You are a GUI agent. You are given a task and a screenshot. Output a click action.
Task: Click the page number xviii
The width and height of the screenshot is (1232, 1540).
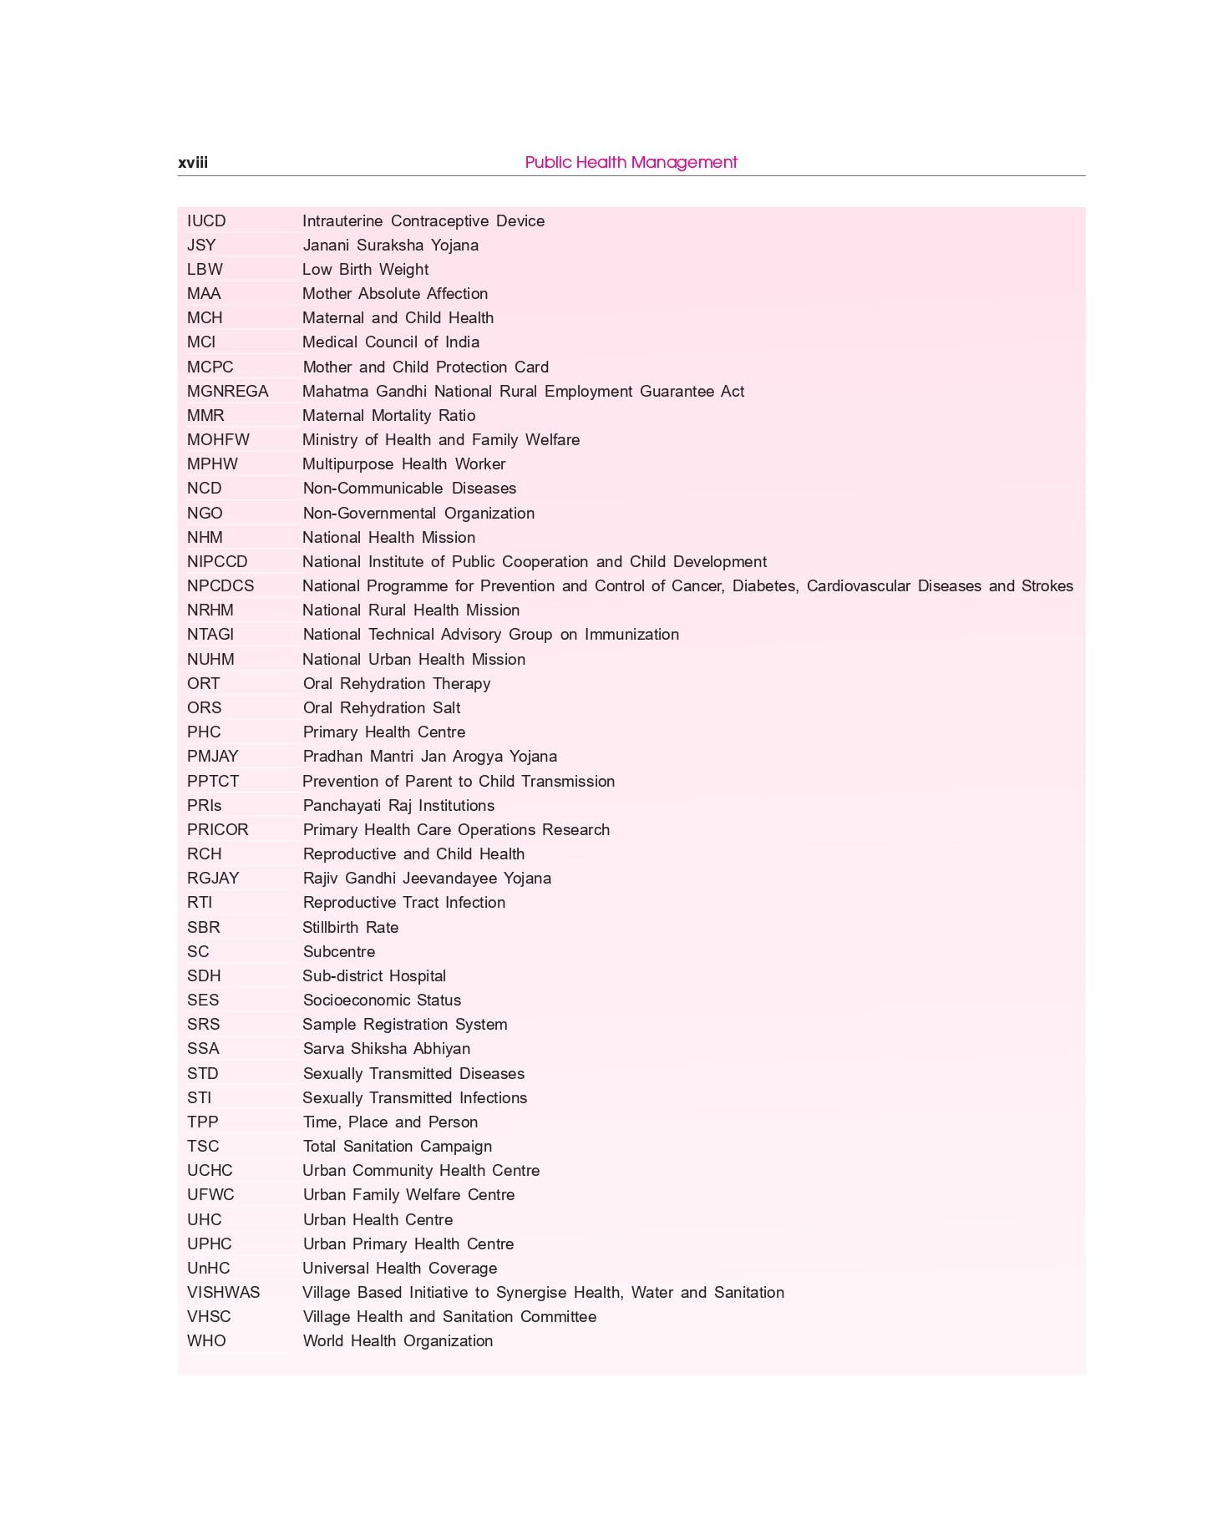[x=193, y=163]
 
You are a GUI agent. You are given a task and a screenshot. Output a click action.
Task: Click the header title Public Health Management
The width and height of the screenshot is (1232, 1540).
[x=631, y=162]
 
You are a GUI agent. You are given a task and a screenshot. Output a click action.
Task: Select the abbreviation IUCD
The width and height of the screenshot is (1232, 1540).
[x=206, y=221]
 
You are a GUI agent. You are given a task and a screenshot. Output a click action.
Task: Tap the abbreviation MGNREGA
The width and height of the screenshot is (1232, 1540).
[x=227, y=392]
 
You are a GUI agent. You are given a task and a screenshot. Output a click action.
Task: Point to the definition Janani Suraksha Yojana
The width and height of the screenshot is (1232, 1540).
[x=390, y=246]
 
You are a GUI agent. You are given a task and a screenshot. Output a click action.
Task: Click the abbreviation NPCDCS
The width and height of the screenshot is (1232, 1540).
[x=221, y=586]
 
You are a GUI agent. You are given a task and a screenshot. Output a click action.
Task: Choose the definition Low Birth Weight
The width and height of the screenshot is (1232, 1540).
[x=365, y=270]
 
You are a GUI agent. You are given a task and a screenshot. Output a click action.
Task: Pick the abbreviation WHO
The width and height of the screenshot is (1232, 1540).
[x=206, y=1341]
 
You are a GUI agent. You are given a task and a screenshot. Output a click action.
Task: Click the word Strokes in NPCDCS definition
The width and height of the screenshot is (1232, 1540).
[x=1047, y=586]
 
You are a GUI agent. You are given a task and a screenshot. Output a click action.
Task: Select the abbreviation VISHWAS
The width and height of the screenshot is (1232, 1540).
[x=223, y=1293]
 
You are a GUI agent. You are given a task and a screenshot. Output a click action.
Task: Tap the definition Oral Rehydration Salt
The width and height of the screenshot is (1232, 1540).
[x=381, y=708]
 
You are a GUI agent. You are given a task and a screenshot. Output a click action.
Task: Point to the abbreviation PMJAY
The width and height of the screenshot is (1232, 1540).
[x=212, y=757]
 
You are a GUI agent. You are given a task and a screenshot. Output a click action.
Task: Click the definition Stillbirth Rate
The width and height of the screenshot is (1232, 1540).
[x=350, y=928]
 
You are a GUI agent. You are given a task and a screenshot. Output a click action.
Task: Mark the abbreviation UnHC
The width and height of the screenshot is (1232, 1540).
[x=208, y=1269]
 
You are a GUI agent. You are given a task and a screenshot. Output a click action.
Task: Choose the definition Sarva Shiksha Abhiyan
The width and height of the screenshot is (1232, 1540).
[x=386, y=1049]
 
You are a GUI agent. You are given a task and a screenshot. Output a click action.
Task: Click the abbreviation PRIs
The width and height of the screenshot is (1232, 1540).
[x=204, y=806]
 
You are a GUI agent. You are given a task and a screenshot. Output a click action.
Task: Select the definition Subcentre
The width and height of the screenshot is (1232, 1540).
[x=338, y=952]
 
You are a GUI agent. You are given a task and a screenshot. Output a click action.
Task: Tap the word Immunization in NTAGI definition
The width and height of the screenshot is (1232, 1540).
[x=631, y=635]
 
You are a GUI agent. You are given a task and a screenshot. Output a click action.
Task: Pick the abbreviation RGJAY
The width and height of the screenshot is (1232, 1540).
[x=213, y=879]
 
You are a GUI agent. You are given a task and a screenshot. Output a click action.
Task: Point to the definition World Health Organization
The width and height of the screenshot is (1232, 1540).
[x=398, y=1341]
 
